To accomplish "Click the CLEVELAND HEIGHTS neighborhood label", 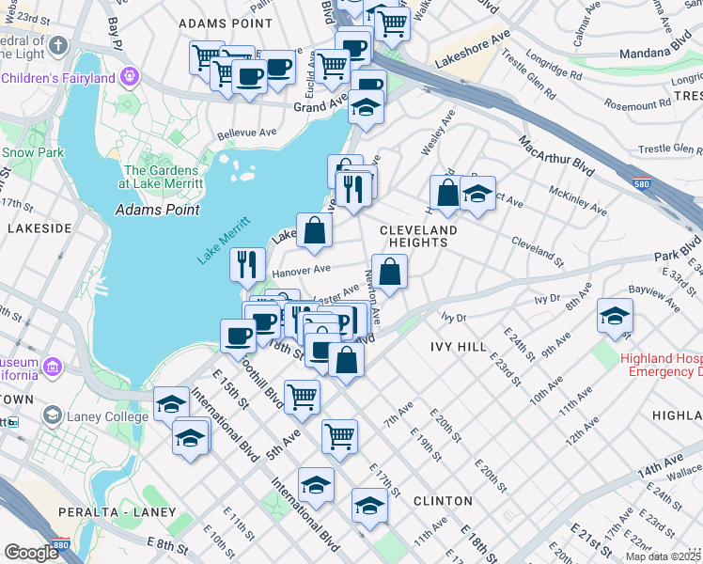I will click(418, 235).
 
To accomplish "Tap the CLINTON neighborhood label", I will click(442, 501).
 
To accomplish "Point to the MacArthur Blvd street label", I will click(556, 155).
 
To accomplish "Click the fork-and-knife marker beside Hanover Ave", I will click(247, 263).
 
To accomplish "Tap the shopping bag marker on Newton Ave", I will click(389, 271).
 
